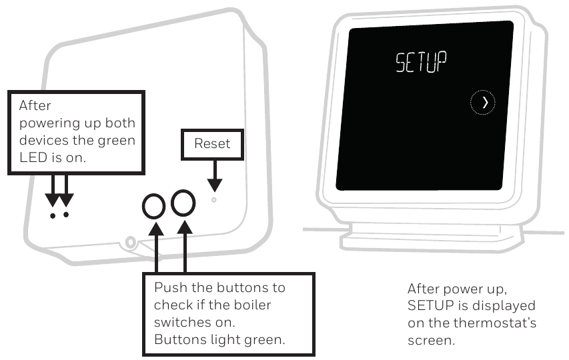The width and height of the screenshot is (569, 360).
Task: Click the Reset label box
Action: (x=211, y=143)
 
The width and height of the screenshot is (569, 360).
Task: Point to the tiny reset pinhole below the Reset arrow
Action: (x=213, y=199)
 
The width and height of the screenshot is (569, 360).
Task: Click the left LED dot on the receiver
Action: (x=53, y=215)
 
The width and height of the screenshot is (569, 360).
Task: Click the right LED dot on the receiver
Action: (x=65, y=215)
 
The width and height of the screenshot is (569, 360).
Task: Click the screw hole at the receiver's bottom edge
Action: (x=131, y=242)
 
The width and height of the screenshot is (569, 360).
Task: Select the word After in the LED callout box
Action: (x=34, y=105)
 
